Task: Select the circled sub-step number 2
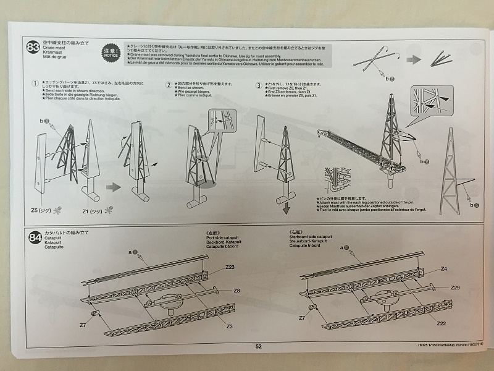click(x=169, y=85)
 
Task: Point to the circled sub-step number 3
click(x=258, y=85)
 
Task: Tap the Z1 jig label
click(x=92, y=210)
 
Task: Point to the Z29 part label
click(x=455, y=288)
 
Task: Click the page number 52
click(x=259, y=347)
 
